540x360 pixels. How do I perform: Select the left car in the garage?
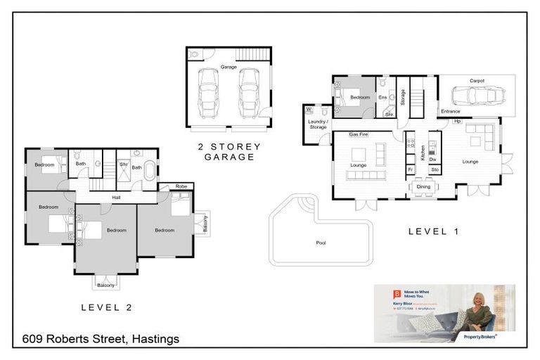209,94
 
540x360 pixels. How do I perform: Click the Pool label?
321,243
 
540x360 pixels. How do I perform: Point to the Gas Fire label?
359,134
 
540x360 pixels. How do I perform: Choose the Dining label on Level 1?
423,186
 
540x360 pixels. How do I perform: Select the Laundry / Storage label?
317,124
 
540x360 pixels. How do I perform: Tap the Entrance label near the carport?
450,112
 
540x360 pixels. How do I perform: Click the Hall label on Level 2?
116,198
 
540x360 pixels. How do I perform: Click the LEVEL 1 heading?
433,231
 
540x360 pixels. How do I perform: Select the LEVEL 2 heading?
106,307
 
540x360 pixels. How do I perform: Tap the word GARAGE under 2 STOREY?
229,157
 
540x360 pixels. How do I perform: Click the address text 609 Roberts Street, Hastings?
101,339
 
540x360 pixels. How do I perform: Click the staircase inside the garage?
252,55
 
